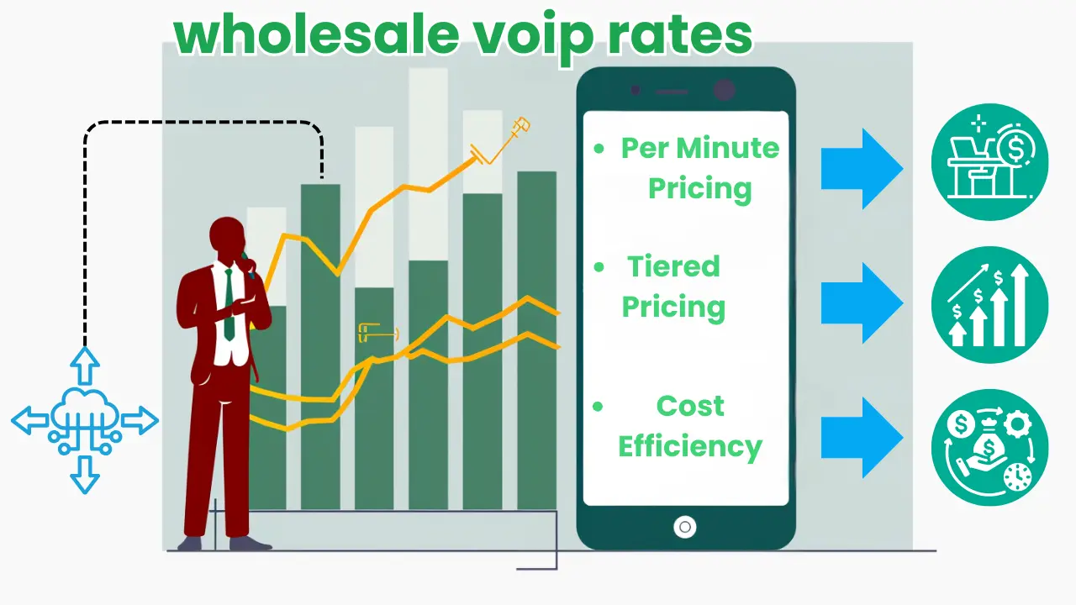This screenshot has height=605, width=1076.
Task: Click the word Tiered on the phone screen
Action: (673, 267)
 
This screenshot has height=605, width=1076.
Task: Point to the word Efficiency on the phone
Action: (690, 446)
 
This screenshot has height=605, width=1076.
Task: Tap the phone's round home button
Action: (685, 528)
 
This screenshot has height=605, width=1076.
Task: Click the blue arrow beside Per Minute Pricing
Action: (862, 169)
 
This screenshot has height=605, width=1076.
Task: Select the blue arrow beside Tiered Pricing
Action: (862, 302)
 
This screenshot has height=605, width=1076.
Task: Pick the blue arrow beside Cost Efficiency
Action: (862, 437)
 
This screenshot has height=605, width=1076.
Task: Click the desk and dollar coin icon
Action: (990, 162)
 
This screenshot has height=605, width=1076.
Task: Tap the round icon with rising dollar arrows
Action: (990, 304)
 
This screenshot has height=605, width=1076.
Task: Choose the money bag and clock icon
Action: (990, 447)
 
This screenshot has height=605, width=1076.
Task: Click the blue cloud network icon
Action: (84, 420)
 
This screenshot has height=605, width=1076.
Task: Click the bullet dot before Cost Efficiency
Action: (599, 407)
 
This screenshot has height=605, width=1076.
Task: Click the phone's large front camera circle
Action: (723, 91)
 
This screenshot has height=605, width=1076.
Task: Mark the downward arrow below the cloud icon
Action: (85, 476)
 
